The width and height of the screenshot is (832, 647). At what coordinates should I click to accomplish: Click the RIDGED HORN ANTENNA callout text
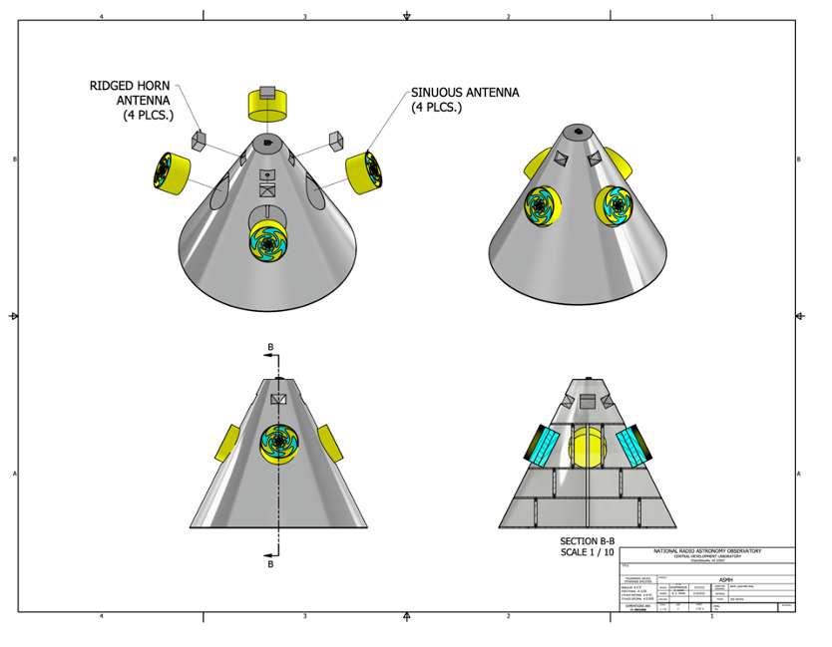coord(131,101)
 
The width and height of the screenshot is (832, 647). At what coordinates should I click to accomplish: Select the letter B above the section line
coord(269,348)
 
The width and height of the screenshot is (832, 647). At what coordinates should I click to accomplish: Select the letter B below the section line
coord(270,564)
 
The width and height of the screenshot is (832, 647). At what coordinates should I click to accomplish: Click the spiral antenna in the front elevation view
coord(276,441)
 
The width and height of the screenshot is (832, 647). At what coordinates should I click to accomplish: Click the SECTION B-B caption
coord(588,540)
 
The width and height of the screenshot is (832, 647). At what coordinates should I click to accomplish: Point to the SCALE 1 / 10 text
coord(588,552)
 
